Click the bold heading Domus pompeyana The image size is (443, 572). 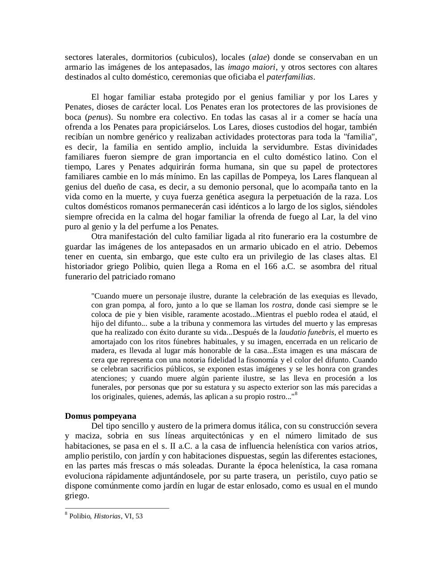coord(100,416)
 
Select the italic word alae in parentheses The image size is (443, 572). coord(260,57)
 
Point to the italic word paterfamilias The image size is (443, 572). coord(290,77)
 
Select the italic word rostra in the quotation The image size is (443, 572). coord(282,305)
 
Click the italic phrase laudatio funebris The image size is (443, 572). coord(307,332)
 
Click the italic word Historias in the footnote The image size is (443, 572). coord(107,516)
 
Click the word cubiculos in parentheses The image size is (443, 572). coord(195,57)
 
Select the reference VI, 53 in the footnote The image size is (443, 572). coord(134,516)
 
